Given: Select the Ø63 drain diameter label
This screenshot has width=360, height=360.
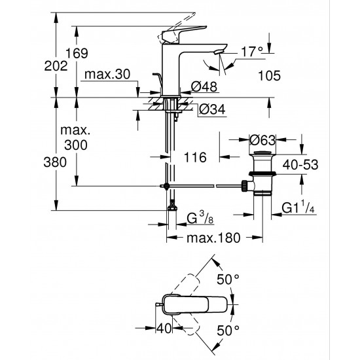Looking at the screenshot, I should (x=261, y=139).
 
